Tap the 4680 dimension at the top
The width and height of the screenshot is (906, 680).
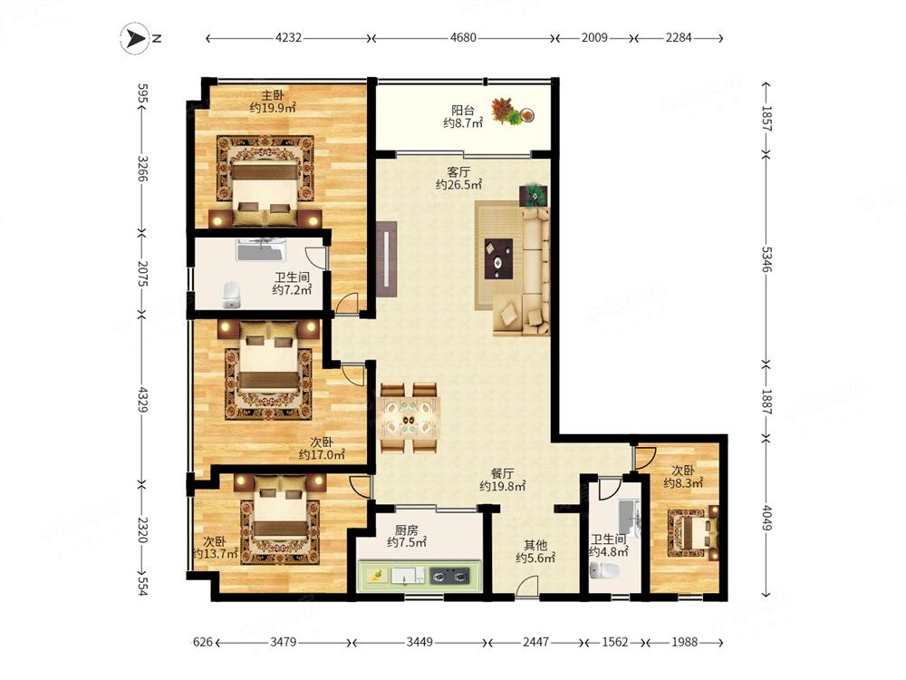pos(463,38)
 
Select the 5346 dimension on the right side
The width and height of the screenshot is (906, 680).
pos(766,258)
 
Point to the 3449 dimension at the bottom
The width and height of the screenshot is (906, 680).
pos(419,642)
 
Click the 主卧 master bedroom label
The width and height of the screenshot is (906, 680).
pos(272,95)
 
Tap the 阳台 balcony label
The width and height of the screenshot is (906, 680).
pos(463,110)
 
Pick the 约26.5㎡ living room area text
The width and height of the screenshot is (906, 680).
pos(458,185)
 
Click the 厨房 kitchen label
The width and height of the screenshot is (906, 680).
pos(406,529)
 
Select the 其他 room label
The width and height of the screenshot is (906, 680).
pos(535,545)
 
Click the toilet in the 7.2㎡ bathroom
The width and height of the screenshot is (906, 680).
pos(232,295)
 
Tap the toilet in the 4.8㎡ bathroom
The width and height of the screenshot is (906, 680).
pos(605,571)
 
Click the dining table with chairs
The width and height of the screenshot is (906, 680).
pos(409,417)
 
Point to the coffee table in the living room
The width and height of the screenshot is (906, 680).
pos(498,255)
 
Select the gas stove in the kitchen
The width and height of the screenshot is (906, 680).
pos(449,576)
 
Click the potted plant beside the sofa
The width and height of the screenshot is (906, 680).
pos(534,196)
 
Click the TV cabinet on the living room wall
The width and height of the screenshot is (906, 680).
pos(386,258)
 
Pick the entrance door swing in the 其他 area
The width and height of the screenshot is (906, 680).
pos(527,585)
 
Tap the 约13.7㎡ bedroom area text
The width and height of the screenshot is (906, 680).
pos(215,554)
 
